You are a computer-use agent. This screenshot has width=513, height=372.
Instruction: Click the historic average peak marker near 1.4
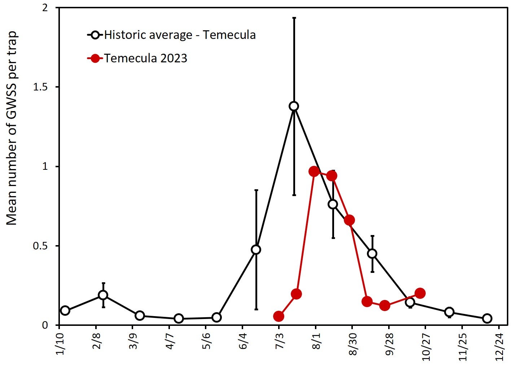(294, 106)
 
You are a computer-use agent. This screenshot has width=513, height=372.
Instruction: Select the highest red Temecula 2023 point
(314, 171)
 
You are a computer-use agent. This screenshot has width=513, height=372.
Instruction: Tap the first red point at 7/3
(279, 316)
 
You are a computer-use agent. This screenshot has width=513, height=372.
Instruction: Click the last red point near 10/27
(420, 293)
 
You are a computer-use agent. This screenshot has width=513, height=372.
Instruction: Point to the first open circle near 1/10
(65, 310)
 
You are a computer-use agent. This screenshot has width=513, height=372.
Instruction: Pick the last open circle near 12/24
(487, 318)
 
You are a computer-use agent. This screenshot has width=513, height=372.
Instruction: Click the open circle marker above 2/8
(103, 295)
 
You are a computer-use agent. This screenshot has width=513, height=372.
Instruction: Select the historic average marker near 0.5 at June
(256, 249)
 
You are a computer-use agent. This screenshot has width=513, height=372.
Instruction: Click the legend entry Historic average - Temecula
(180, 35)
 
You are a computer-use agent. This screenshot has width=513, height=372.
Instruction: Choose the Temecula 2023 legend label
(146, 58)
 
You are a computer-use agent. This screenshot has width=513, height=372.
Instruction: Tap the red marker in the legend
(95, 58)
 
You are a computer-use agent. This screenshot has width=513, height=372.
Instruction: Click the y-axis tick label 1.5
(40, 87)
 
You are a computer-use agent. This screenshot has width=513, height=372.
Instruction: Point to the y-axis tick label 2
(45, 8)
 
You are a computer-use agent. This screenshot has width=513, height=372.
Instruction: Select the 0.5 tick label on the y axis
(40, 246)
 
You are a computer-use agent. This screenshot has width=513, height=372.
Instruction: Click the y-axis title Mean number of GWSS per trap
(12, 128)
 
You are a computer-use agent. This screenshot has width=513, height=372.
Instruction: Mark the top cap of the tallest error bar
(294, 17)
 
